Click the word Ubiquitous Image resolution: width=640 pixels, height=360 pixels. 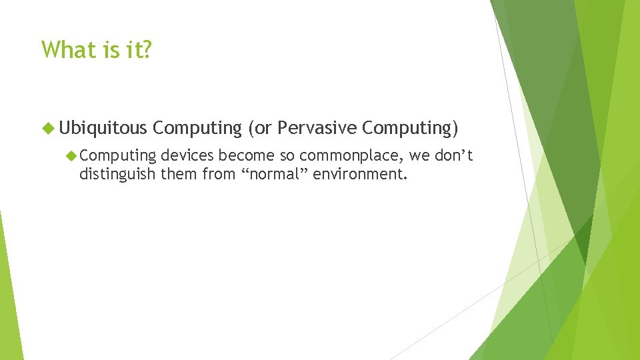click(x=103, y=127)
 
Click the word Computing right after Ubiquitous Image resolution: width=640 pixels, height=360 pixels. click(x=197, y=127)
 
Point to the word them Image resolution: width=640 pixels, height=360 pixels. click(x=177, y=175)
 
